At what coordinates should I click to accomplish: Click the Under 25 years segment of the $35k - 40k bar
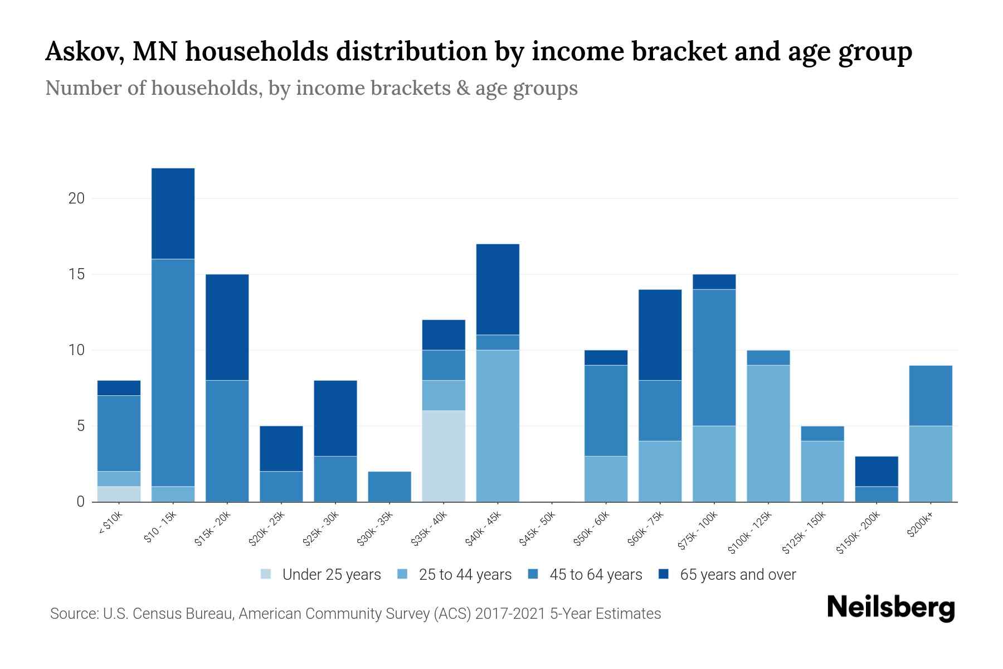[x=444, y=456]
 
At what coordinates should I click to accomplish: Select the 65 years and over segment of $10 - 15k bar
[x=173, y=214]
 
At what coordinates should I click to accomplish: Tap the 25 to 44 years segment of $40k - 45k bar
[x=498, y=425]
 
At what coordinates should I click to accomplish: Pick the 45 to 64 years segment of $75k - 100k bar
[x=714, y=357]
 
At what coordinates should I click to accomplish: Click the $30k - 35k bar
[x=389, y=486]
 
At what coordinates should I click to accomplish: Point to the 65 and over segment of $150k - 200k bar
[x=876, y=471]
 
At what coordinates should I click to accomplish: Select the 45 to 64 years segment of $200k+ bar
[x=930, y=395]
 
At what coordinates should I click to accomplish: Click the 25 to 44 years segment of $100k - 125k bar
[x=768, y=433]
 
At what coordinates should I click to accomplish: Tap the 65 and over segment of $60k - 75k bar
[x=660, y=334]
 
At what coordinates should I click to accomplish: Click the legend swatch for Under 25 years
[x=266, y=574]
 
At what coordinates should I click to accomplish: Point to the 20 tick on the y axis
[x=76, y=198]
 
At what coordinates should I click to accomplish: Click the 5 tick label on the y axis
[x=80, y=426]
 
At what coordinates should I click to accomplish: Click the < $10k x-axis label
[x=110, y=524]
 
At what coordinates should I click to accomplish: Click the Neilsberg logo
[x=890, y=608]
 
